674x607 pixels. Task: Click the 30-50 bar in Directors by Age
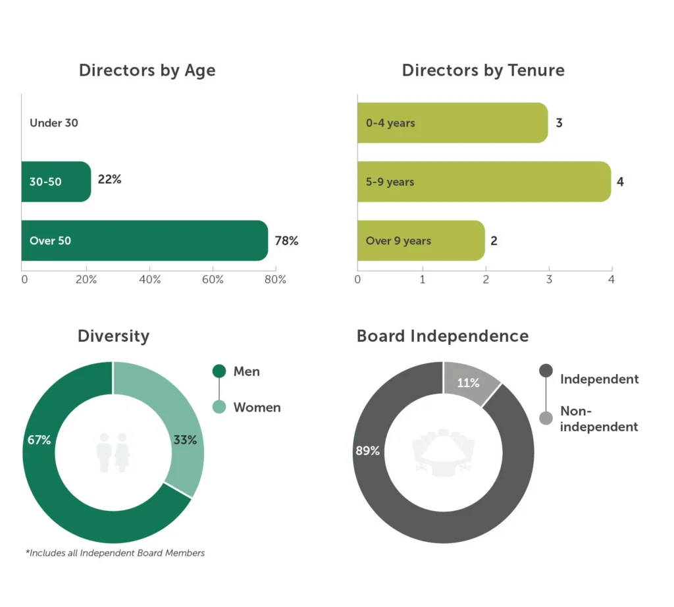pyautogui.click(x=56, y=182)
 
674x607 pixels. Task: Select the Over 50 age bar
pyautogui.click(x=145, y=241)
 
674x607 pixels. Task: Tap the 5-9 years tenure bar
pyautogui.click(x=484, y=182)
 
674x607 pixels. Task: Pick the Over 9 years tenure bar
pyautogui.click(x=421, y=241)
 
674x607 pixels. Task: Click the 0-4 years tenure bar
pyautogui.click(x=452, y=123)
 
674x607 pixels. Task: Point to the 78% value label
pyautogui.click(x=286, y=241)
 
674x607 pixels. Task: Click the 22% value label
pyautogui.click(x=109, y=179)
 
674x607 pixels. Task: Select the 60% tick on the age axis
pyautogui.click(x=213, y=280)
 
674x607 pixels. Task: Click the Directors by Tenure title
pyautogui.click(x=483, y=70)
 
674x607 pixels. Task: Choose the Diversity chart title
pyautogui.click(x=113, y=336)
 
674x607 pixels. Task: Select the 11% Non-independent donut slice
pyautogui.click(x=469, y=382)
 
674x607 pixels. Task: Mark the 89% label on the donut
pyautogui.click(x=368, y=451)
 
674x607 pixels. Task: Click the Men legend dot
pyautogui.click(x=219, y=371)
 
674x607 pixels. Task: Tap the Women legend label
pyautogui.click(x=257, y=408)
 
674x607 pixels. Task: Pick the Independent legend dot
pyautogui.click(x=546, y=371)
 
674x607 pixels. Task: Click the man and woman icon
pyautogui.click(x=113, y=452)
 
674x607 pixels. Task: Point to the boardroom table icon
pyautogui.click(x=442, y=452)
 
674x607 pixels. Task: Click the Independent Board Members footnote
pyautogui.click(x=117, y=553)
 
